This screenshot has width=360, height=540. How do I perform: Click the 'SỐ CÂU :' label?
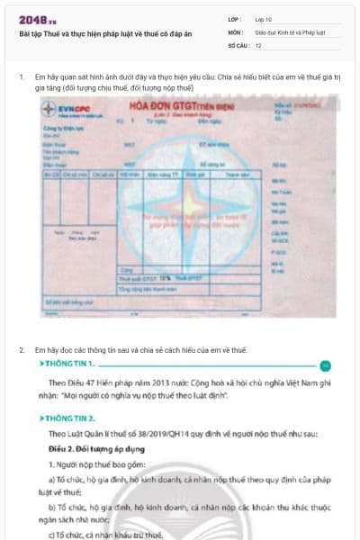[238, 44]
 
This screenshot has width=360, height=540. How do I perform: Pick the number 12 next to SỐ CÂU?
[258, 44]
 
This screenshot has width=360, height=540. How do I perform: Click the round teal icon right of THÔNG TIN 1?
[326, 365]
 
